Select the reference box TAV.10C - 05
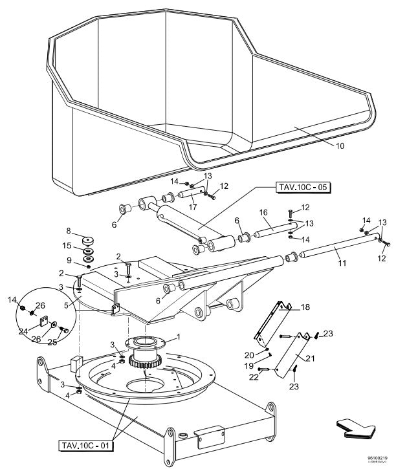point(303,188)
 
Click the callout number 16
point(263,212)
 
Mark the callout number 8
point(68,230)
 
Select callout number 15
point(68,246)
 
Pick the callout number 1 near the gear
point(179,336)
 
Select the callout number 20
point(250,355)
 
